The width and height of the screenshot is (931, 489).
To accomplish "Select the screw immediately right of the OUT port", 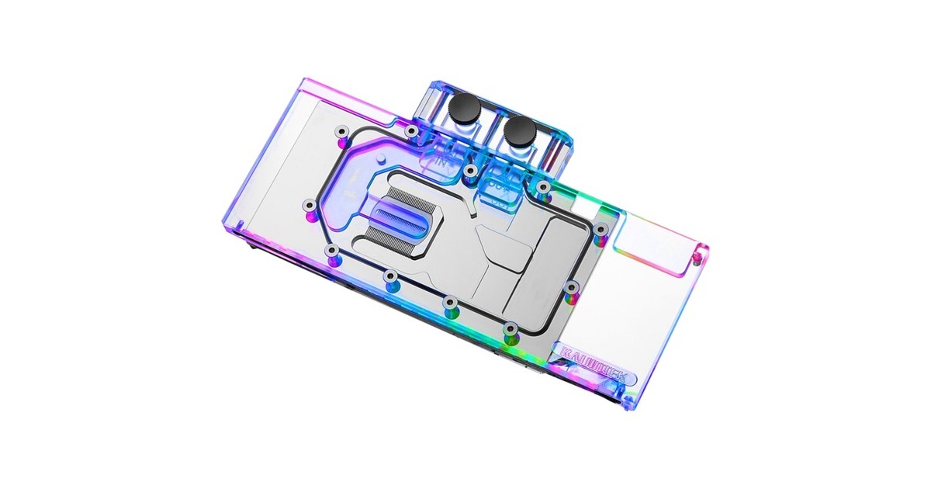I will point(544,187).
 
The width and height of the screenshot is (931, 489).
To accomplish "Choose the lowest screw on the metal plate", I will point(509,331).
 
